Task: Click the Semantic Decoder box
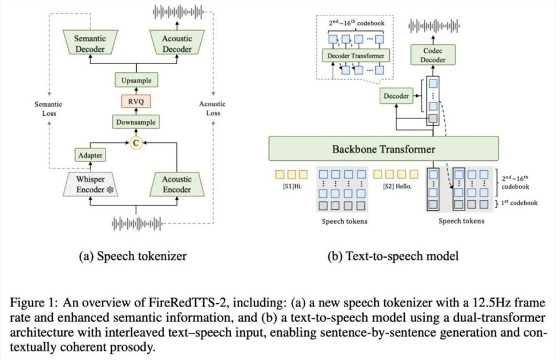[91, 44]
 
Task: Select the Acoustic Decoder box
[177, 44]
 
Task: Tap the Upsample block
[136, 81]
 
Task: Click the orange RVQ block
[136, 101]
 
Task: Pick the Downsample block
[136, 122]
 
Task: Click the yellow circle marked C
[136, 143]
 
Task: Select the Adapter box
[90, 156]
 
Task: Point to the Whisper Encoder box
[90, 184]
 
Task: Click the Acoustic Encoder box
[177, 184]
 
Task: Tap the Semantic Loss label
[48, 109]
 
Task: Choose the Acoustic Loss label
[212, 109]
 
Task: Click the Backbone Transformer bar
[384, 149]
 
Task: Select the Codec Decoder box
[433, 55]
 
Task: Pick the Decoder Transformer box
[356, 56]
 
